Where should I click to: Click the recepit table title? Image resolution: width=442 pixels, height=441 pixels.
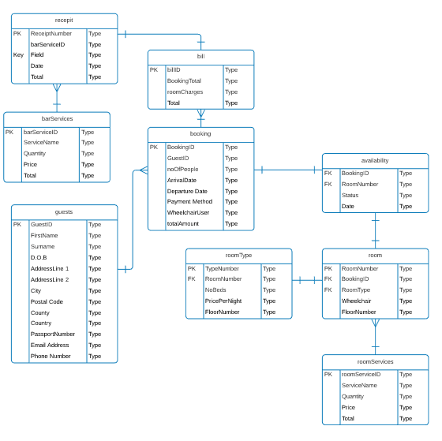click(x=64, y=19)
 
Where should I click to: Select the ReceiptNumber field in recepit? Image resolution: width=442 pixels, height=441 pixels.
click(x=51, y=34)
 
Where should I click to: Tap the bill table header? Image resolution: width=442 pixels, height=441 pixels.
click(x=200, y=56)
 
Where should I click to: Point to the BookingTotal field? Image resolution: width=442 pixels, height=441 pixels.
click(x=184, y=81)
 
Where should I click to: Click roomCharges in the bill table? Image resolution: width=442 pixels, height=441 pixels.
click(x=185, y=92)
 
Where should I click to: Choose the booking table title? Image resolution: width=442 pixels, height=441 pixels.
click(x=200, y=133)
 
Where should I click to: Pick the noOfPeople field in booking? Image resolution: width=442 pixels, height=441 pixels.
click(x=182, y=170)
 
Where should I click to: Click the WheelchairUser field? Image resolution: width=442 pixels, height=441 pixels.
click(x=188, y=213)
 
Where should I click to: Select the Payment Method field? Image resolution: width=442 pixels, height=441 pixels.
click(x=189, y=202)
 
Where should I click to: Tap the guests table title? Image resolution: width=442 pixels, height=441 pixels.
click(x=64, y=211)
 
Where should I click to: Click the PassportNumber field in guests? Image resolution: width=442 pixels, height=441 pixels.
click(x=53, y=334)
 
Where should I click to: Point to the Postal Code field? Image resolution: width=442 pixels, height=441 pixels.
click(x=47, y=302)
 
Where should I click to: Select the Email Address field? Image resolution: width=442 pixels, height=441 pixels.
click(x=50, y=346)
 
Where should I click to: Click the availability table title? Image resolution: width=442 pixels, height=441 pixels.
click(x=375, y=160)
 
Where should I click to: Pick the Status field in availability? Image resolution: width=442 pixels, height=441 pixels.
click(x=350, y=196)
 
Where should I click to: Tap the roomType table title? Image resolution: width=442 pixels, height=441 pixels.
click(x=238, y=255)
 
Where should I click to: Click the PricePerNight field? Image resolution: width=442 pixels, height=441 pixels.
click(x=223, y=301)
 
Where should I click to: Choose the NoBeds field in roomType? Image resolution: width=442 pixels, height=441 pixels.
click(x=215, y=290)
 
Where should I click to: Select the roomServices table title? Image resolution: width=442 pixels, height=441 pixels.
click(x=375, y=361)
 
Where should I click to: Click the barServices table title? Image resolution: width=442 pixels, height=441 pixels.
click(x=57, y=118)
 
